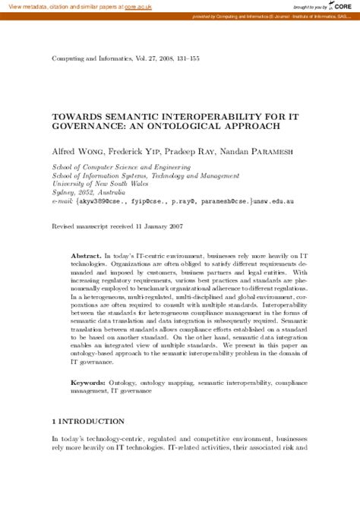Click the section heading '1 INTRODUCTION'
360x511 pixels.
(x=87, y=421)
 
